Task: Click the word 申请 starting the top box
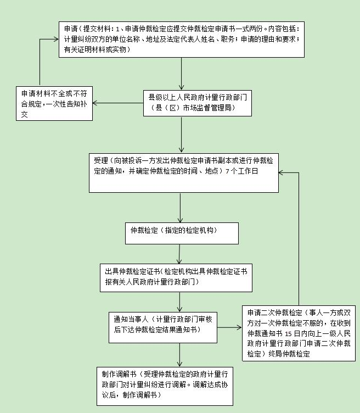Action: (x=71, y=28)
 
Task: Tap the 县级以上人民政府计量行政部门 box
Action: (x=198, y=103)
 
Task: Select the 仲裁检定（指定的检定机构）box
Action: (x=182, y=233)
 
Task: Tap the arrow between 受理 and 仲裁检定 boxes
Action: (x=180, y=207)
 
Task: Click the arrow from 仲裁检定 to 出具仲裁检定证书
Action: (x=179, y=254)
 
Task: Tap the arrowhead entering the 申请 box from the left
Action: (x=56, y=40)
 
